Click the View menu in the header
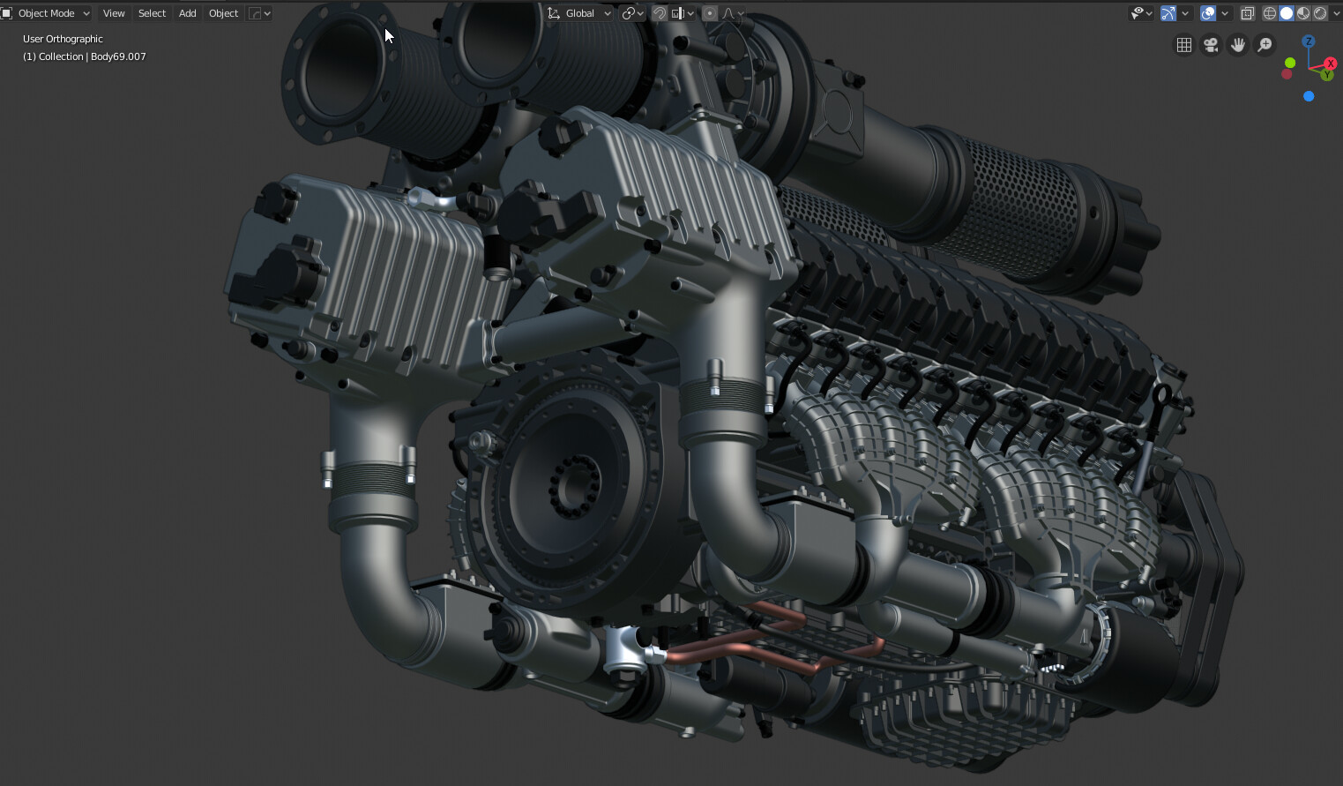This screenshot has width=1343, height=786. [114, 13]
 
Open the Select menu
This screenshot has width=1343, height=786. [152, 13]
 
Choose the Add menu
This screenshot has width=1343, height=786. [187, 13]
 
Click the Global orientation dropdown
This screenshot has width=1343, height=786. [579, 13]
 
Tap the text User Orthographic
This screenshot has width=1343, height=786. [63, 39]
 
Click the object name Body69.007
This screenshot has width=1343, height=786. [118, 56]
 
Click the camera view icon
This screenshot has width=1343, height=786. [1211, 45]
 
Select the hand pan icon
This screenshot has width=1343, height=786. [1238, 45]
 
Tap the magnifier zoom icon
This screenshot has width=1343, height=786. [1265, 45]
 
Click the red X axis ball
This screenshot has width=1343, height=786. [1330, 64]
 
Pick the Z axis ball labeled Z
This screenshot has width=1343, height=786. [1309, 41]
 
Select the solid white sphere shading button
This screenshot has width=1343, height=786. [1287, 13]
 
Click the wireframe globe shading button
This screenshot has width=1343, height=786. [1270, 13]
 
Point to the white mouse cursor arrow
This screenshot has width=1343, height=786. [389, 35]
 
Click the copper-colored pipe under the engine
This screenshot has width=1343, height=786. [776, 648]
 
